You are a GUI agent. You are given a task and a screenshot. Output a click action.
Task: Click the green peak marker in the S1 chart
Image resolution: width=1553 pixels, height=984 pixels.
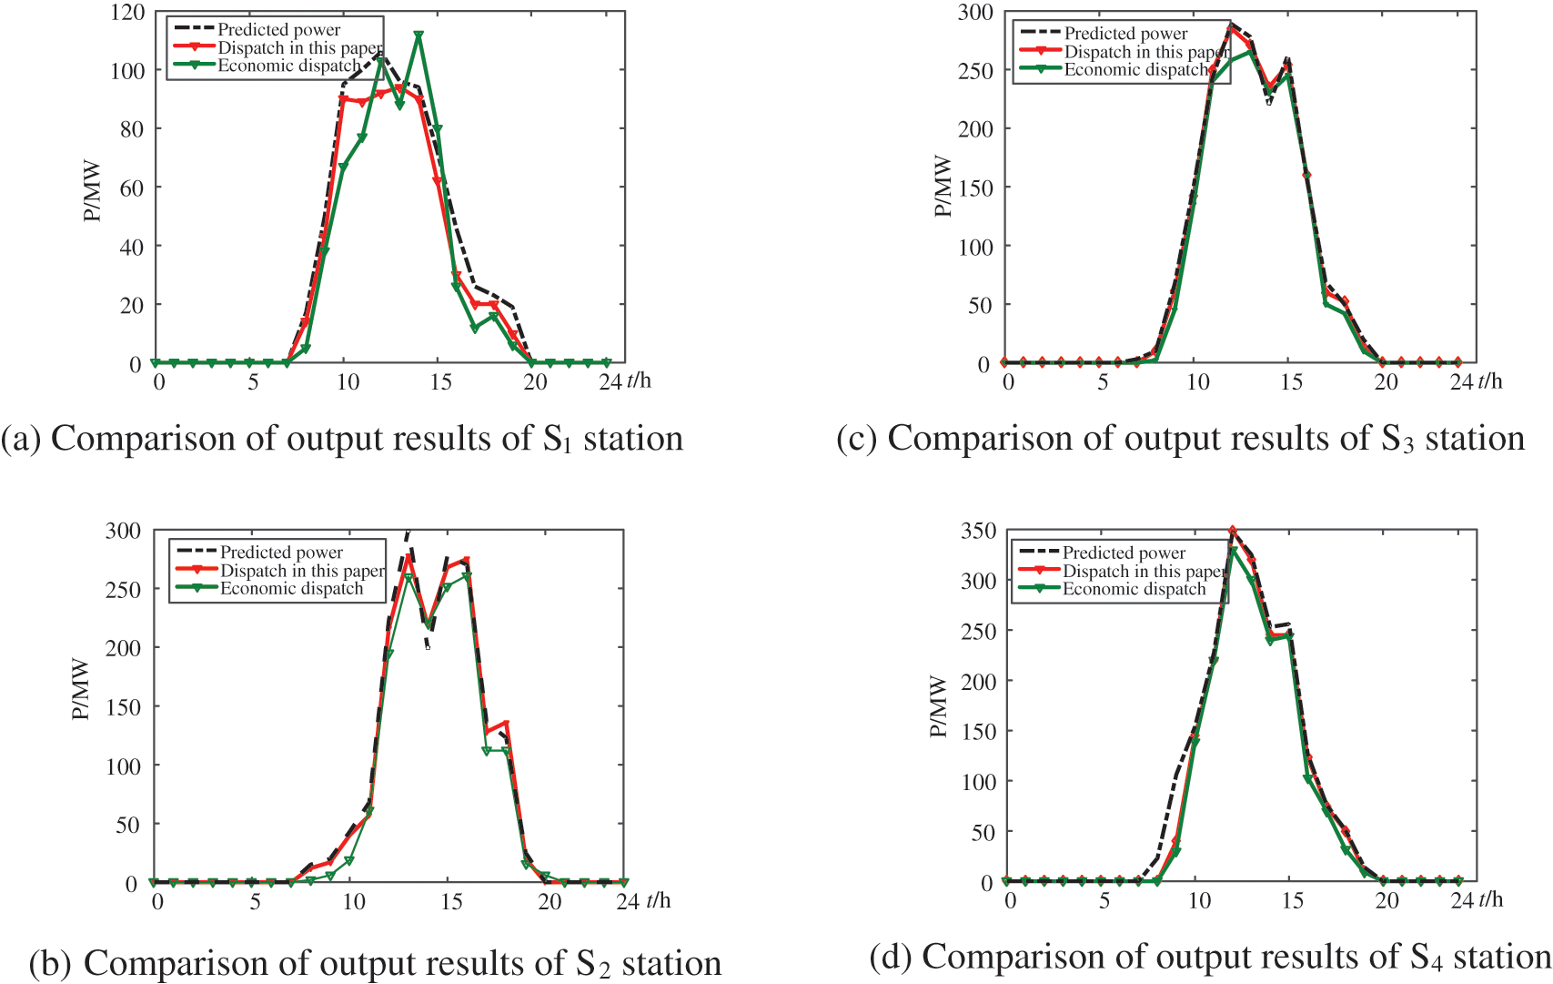tap(419, 36)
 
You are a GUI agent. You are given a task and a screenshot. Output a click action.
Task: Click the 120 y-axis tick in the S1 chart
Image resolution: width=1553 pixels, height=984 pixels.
tap(127, 13)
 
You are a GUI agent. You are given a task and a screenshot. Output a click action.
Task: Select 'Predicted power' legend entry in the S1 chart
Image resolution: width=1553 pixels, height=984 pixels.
tap(278, 30)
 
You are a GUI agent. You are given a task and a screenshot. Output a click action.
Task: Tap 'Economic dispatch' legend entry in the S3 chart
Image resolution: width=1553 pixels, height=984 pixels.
tap(1135, 70)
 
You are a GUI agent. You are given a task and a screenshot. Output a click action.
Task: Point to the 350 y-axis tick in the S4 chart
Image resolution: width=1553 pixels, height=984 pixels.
tap(978, 532)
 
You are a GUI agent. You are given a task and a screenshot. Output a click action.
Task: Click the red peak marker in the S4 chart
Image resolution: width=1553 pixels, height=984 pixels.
tap(1233, 531)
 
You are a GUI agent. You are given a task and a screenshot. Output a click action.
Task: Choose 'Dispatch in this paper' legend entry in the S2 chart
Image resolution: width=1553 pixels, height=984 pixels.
tap(302, 571)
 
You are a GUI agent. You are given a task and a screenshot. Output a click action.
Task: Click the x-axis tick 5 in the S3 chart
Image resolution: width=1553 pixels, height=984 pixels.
tap(1103, 382)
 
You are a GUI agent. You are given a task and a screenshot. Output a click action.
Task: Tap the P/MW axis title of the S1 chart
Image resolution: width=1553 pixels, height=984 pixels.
tap(92, 192)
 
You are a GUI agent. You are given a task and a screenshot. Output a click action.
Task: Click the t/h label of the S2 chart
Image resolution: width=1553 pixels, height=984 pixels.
tap(658, 901)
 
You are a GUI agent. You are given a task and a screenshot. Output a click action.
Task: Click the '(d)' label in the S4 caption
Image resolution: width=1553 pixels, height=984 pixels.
tap(891, 958)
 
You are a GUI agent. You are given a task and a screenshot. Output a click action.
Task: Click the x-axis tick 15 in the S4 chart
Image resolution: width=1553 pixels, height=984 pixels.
tap(1292, 901)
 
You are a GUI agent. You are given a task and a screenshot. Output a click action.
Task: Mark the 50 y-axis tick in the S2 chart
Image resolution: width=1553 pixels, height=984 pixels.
tap(122, 826)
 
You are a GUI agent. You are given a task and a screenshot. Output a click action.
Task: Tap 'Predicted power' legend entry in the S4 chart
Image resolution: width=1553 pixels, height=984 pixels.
tap(1124, 553)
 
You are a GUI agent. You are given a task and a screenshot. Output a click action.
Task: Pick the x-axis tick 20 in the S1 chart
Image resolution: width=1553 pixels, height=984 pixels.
tap(535, 382)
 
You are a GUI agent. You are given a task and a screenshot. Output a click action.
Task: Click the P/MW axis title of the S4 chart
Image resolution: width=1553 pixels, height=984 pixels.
tap(938, 706)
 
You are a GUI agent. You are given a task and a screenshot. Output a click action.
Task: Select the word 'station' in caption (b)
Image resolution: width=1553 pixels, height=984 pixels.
tap(671, 963)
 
